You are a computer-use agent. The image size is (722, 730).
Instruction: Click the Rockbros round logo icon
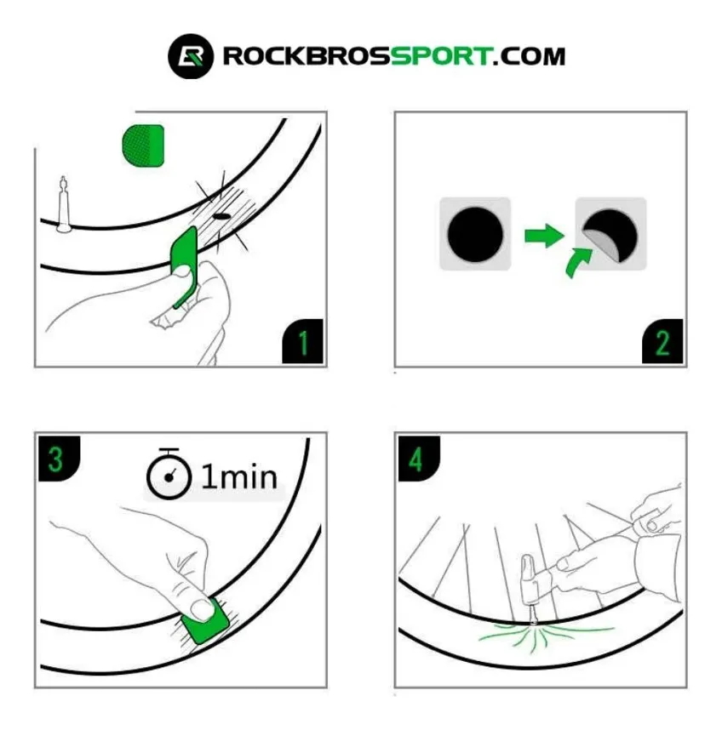190,57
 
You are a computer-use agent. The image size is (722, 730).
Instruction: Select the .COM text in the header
529,57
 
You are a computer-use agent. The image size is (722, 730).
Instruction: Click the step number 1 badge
302,344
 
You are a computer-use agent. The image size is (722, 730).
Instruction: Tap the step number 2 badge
663,344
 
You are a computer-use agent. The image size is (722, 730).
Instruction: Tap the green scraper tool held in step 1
184,264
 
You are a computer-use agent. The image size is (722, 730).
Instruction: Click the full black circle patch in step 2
474,234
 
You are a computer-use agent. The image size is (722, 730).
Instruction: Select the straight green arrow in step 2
542,235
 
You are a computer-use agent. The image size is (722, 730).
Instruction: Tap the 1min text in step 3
239,477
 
